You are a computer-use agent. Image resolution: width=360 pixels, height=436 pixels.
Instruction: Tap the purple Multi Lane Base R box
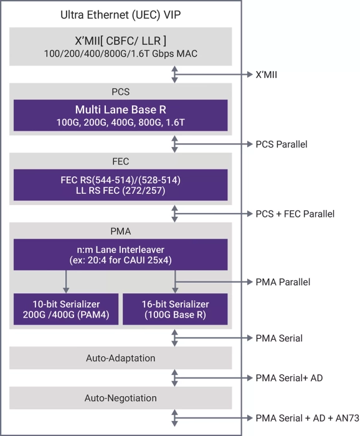click(121, 115)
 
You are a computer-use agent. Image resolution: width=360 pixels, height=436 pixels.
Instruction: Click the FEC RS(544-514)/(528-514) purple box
click(121, 184)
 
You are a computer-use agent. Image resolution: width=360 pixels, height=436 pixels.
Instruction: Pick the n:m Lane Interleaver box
click(121, 254)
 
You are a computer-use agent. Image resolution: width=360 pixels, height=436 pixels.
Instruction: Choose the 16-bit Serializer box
click(176, 309)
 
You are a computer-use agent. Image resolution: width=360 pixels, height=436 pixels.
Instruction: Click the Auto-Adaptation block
click(121, 358)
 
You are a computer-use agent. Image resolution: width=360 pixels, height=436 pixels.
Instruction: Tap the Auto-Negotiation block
click(121, 397)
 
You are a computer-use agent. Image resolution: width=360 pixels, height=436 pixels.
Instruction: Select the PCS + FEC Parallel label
click(295, 214)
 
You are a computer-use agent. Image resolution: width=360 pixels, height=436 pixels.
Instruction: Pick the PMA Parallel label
click(283, 282)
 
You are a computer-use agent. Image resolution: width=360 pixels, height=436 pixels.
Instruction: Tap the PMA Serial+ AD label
click(289, 378)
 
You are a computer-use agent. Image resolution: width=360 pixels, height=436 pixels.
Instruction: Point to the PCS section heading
click(121, 92)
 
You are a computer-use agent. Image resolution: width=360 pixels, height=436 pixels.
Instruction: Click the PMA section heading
click(121, 231)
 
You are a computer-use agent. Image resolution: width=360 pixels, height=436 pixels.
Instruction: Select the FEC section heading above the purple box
click(121, 161)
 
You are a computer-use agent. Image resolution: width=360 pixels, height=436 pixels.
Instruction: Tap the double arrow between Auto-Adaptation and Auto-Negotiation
click(176, 378)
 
